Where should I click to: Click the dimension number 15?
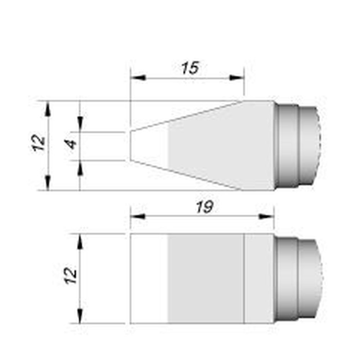point(190,68)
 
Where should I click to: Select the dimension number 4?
point(72,144)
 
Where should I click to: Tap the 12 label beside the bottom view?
point(71,276)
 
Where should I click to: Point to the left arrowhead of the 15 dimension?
point(138,78)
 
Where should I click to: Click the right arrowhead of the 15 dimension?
point(237,78)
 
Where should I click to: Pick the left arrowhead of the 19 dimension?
point(138,216)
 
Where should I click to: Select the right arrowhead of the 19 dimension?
point(266,216)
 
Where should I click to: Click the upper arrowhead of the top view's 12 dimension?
point(48,109)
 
